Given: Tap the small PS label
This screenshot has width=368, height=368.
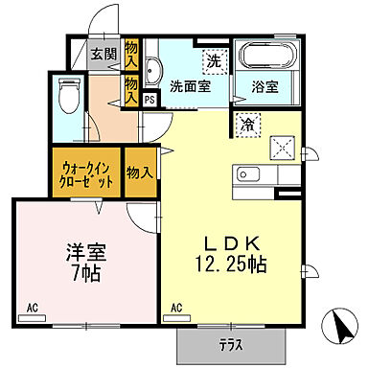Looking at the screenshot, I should pos(149,98).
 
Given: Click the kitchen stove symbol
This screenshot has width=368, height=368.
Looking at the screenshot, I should pos(283,147).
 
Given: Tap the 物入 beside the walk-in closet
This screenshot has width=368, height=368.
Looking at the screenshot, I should pos(141,172).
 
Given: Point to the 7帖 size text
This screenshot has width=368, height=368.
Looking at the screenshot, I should pos(86,273).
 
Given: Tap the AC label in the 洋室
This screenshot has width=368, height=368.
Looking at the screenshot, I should pos(32,307).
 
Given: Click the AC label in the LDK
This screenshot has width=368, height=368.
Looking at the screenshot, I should pos(175,307).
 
